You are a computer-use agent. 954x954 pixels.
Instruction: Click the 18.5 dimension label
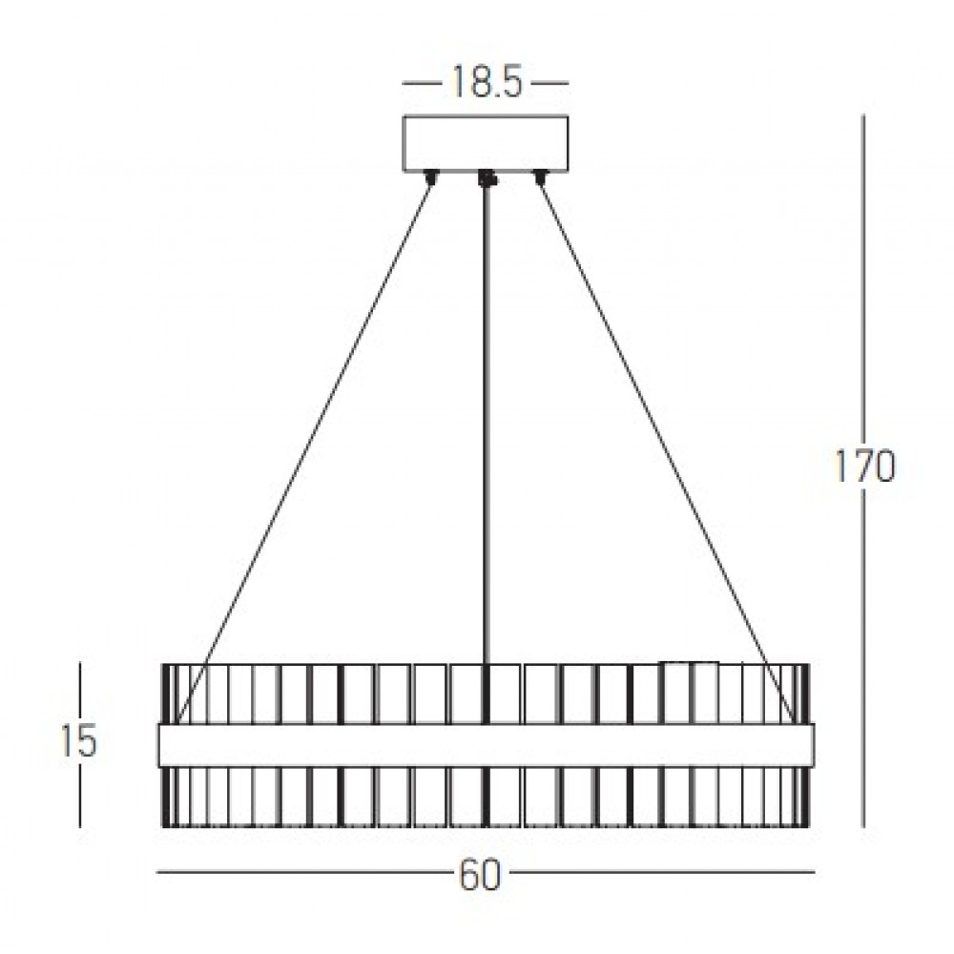point(487,82)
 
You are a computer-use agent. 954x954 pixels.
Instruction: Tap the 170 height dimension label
point(864,467)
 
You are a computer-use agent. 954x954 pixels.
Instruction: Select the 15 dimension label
point(79,741)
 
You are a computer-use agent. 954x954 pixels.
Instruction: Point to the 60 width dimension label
point(480,876)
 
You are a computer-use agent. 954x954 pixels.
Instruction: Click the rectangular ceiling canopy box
point(486,144)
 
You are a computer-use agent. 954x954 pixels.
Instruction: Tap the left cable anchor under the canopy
point(432,177)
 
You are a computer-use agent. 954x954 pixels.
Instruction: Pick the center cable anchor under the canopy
point(487,178)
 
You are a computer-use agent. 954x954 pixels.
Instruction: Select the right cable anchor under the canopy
point(540,177)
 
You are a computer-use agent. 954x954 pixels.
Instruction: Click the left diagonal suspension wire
point(303,450)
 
